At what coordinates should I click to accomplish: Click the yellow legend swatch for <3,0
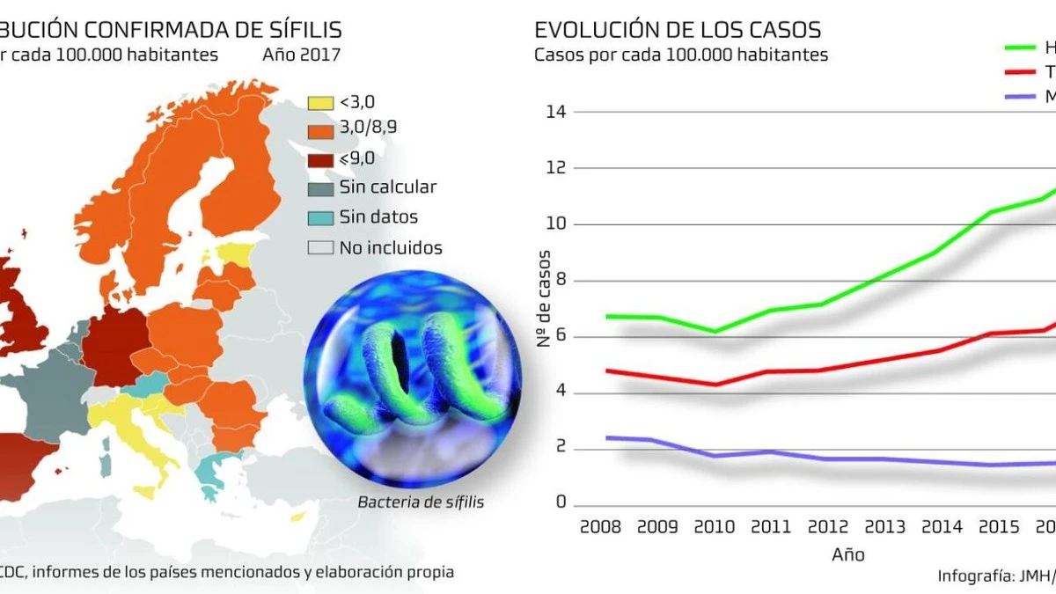click(x=320, y=102)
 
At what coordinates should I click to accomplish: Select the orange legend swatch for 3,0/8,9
click(x=320, y=130)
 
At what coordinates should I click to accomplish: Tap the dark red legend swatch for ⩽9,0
click(x=320, y=159)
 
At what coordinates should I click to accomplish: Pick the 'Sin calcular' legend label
click(x=387, y=187)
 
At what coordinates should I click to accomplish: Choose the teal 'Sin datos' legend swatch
click(x=320, y=217)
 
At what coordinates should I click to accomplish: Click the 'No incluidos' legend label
click(x=391, y=247)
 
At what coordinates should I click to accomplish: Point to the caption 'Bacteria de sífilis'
click(x=421, y=502)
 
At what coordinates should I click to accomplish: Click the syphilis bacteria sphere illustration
click(x=412, y=386)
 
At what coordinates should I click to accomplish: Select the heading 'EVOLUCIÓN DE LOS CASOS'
click(x=678, y=29)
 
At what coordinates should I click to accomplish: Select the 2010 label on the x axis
click(x=715, y=527)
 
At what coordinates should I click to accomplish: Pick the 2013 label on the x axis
click(x=885, y=527)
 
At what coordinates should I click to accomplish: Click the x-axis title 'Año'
click(x=848, y=554)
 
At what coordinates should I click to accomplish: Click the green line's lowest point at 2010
click(x=715, y=332)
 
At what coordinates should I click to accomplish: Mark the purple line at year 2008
click(x=607, y=437)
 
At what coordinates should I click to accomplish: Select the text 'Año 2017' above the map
click(x=301, y=54)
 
